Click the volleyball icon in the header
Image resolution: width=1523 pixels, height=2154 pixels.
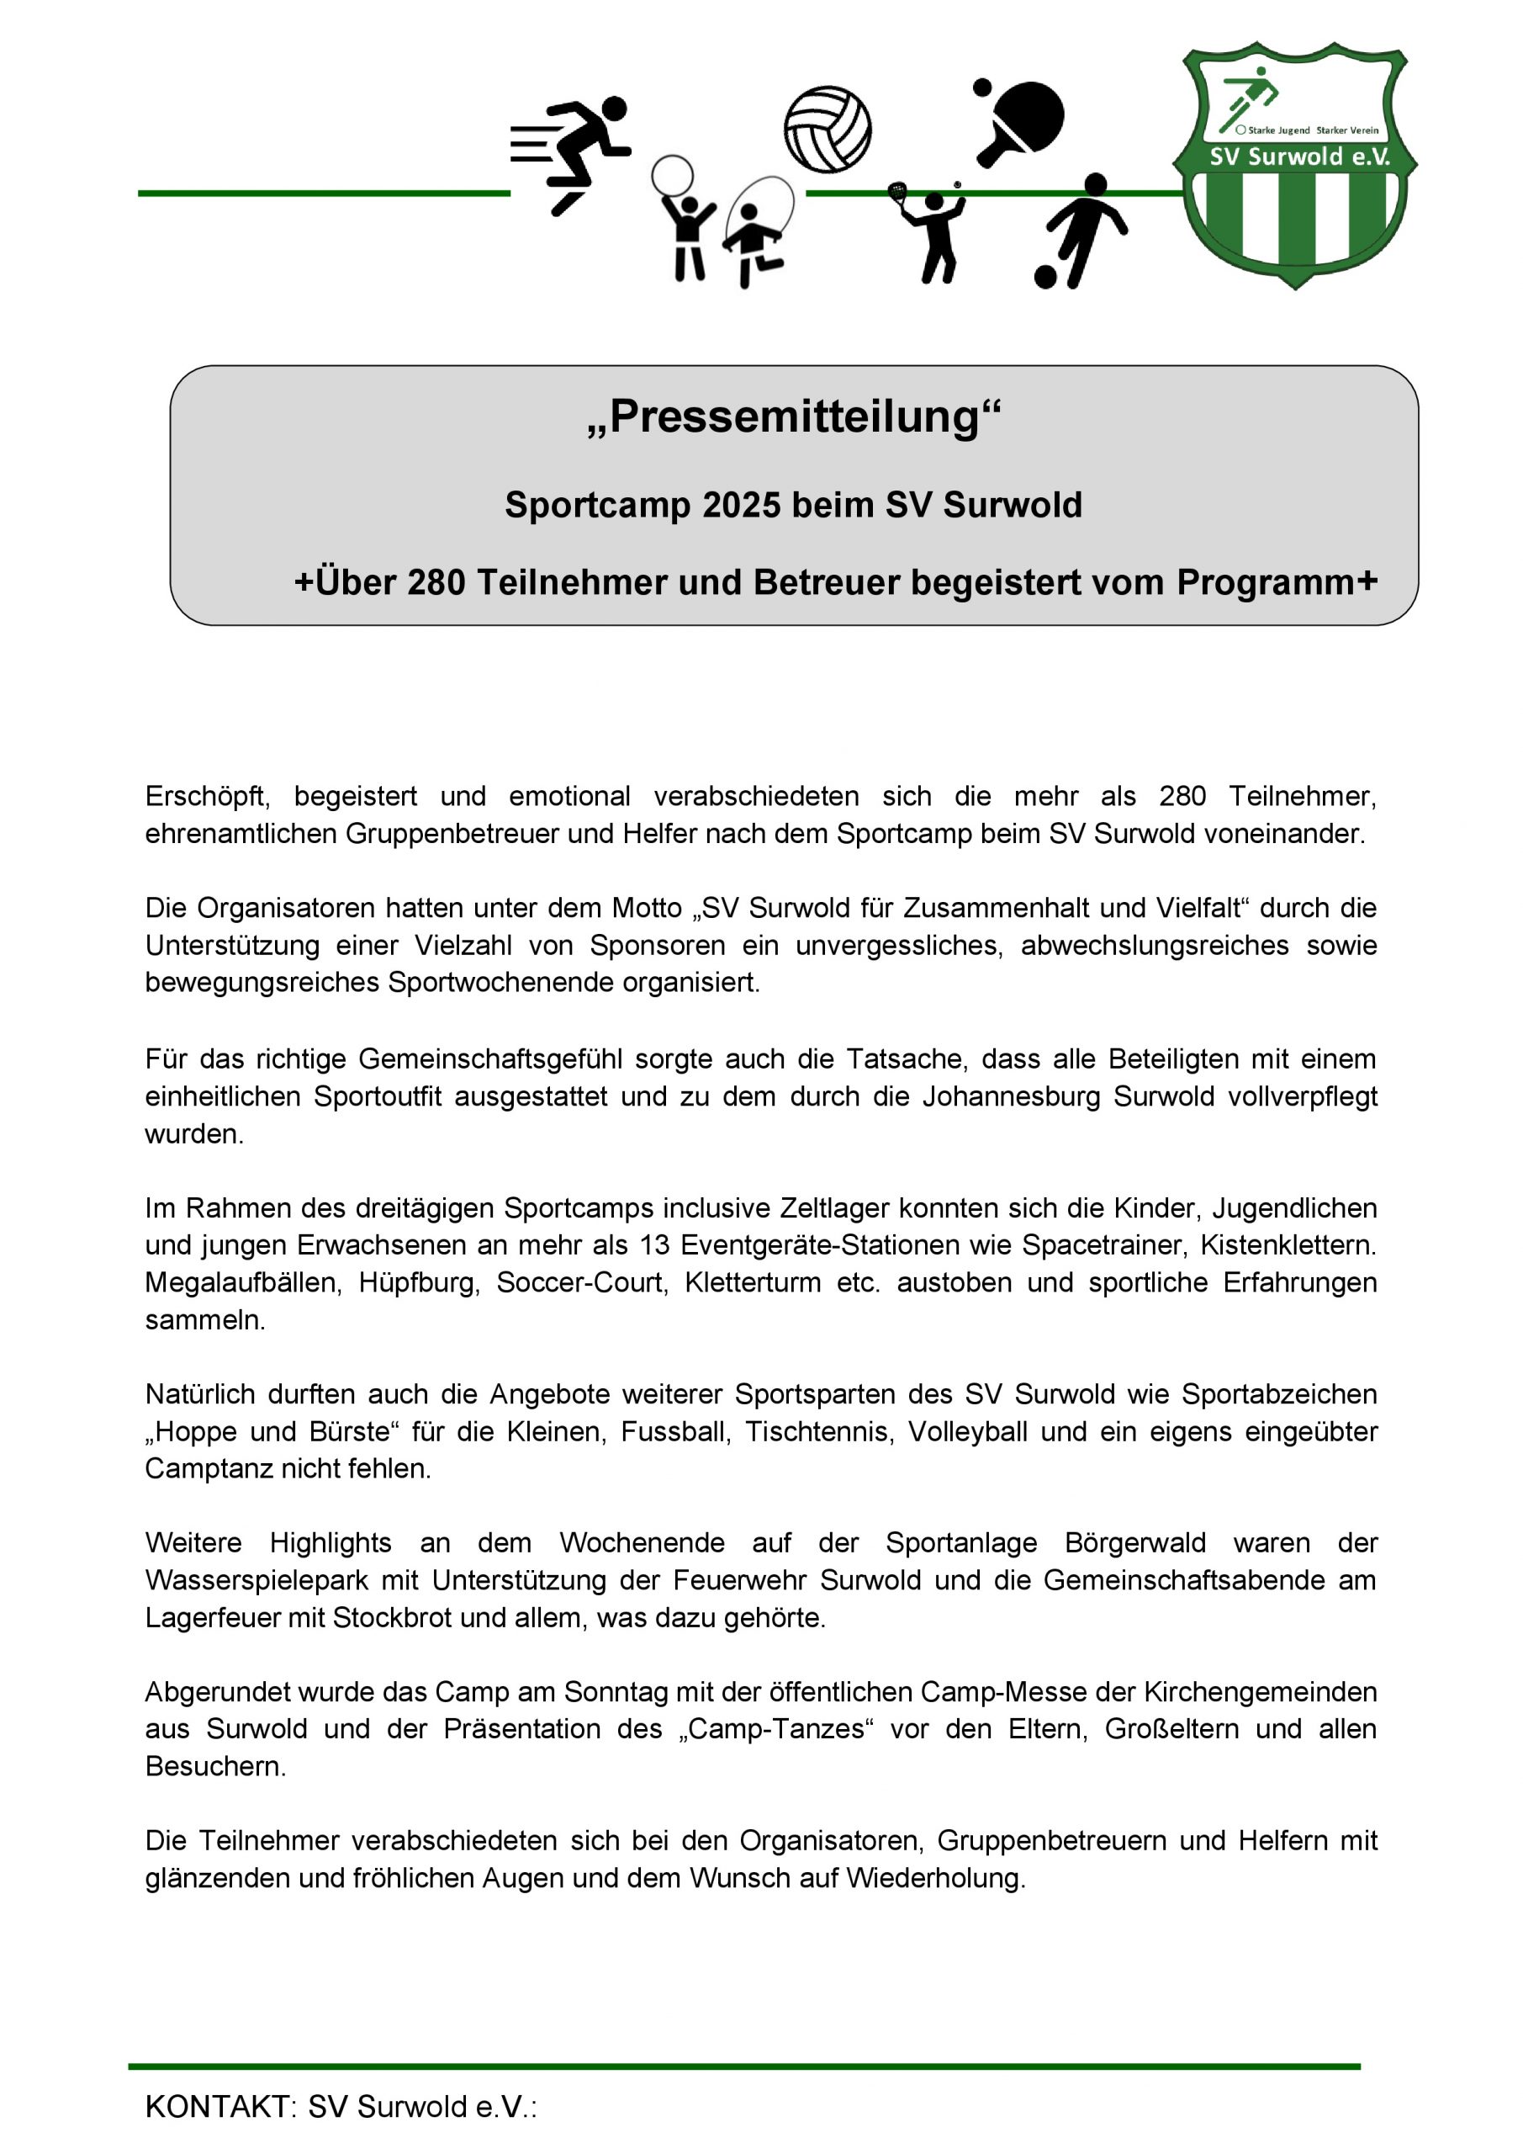coord(828,130)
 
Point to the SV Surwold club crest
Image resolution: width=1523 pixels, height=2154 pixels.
coord(1295,164)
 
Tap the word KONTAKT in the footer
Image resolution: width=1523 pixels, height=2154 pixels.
coord(219,2107)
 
